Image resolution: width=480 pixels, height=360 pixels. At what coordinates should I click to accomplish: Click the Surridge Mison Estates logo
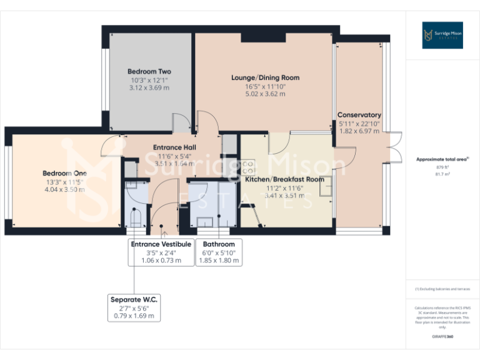[x=442, y=35]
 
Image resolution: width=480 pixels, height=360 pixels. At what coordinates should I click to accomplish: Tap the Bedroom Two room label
[x=149, y=72]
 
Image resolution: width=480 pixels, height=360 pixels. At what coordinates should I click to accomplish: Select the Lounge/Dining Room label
[x=265, y=78]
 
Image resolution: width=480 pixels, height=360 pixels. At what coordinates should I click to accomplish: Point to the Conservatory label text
[x=359, y=115]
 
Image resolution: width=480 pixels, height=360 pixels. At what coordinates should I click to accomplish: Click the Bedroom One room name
[x=64, y=173]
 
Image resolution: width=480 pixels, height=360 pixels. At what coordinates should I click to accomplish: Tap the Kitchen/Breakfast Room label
[x=284, y=179]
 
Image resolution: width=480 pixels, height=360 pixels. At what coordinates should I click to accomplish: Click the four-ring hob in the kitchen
[x=247, y=167]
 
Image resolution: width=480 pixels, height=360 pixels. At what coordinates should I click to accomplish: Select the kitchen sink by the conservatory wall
[x=325, y=186]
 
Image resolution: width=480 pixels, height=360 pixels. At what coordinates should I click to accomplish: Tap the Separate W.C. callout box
[x=133, y=308]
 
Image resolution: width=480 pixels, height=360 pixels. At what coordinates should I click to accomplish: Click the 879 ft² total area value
[x=442, y=167]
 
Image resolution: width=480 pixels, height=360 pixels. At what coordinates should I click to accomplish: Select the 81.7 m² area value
[x=442, y=174]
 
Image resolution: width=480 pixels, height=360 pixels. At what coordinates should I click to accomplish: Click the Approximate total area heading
[x=442, y=159]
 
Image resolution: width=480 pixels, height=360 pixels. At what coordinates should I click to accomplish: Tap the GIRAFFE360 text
[x=442, y=336]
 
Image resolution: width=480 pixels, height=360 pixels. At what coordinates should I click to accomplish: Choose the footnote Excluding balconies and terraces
[x=442, y=289]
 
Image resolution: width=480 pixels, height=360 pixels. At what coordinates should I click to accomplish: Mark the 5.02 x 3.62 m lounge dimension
[x=265, y=94]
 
